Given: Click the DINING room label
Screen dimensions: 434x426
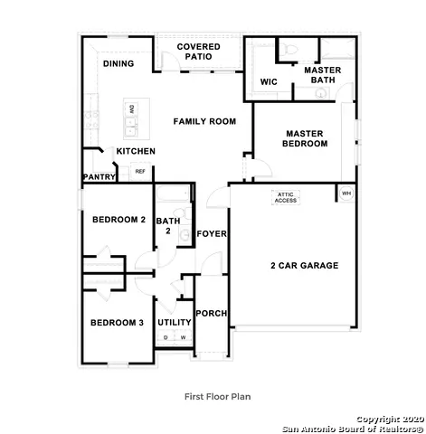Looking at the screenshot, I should tap(118, 64).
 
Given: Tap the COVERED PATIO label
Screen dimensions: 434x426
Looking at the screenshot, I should tap(198, 52).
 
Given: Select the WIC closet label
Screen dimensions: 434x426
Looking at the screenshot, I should tap(268, 82).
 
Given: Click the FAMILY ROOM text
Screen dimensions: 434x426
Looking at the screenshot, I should tap(204, 121).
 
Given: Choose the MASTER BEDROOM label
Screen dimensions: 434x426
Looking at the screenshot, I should tap(304, 139).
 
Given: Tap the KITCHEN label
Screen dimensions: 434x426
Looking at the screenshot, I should tap(136, 151).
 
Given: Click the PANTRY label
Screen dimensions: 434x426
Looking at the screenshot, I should tap(99, 177).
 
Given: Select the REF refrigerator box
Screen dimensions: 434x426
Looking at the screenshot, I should tap(140, 171).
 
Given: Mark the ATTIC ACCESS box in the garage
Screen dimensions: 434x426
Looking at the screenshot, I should tap(286, 197).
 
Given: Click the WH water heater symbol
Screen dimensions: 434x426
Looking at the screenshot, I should tap(346, 193).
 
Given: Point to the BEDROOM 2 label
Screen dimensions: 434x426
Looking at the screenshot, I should tap(118, 220).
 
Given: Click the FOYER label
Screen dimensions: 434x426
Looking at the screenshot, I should tap(213, 234).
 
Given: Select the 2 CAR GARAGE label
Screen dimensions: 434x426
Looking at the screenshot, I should tap(304, 266).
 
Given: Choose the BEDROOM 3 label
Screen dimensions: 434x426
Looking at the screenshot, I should tap(116, 323).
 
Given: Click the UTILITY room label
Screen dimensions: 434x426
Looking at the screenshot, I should tap(174, 322).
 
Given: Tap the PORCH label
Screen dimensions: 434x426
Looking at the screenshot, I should tap(213, 314).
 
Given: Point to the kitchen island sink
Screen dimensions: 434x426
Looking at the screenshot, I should tap(131, 118).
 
